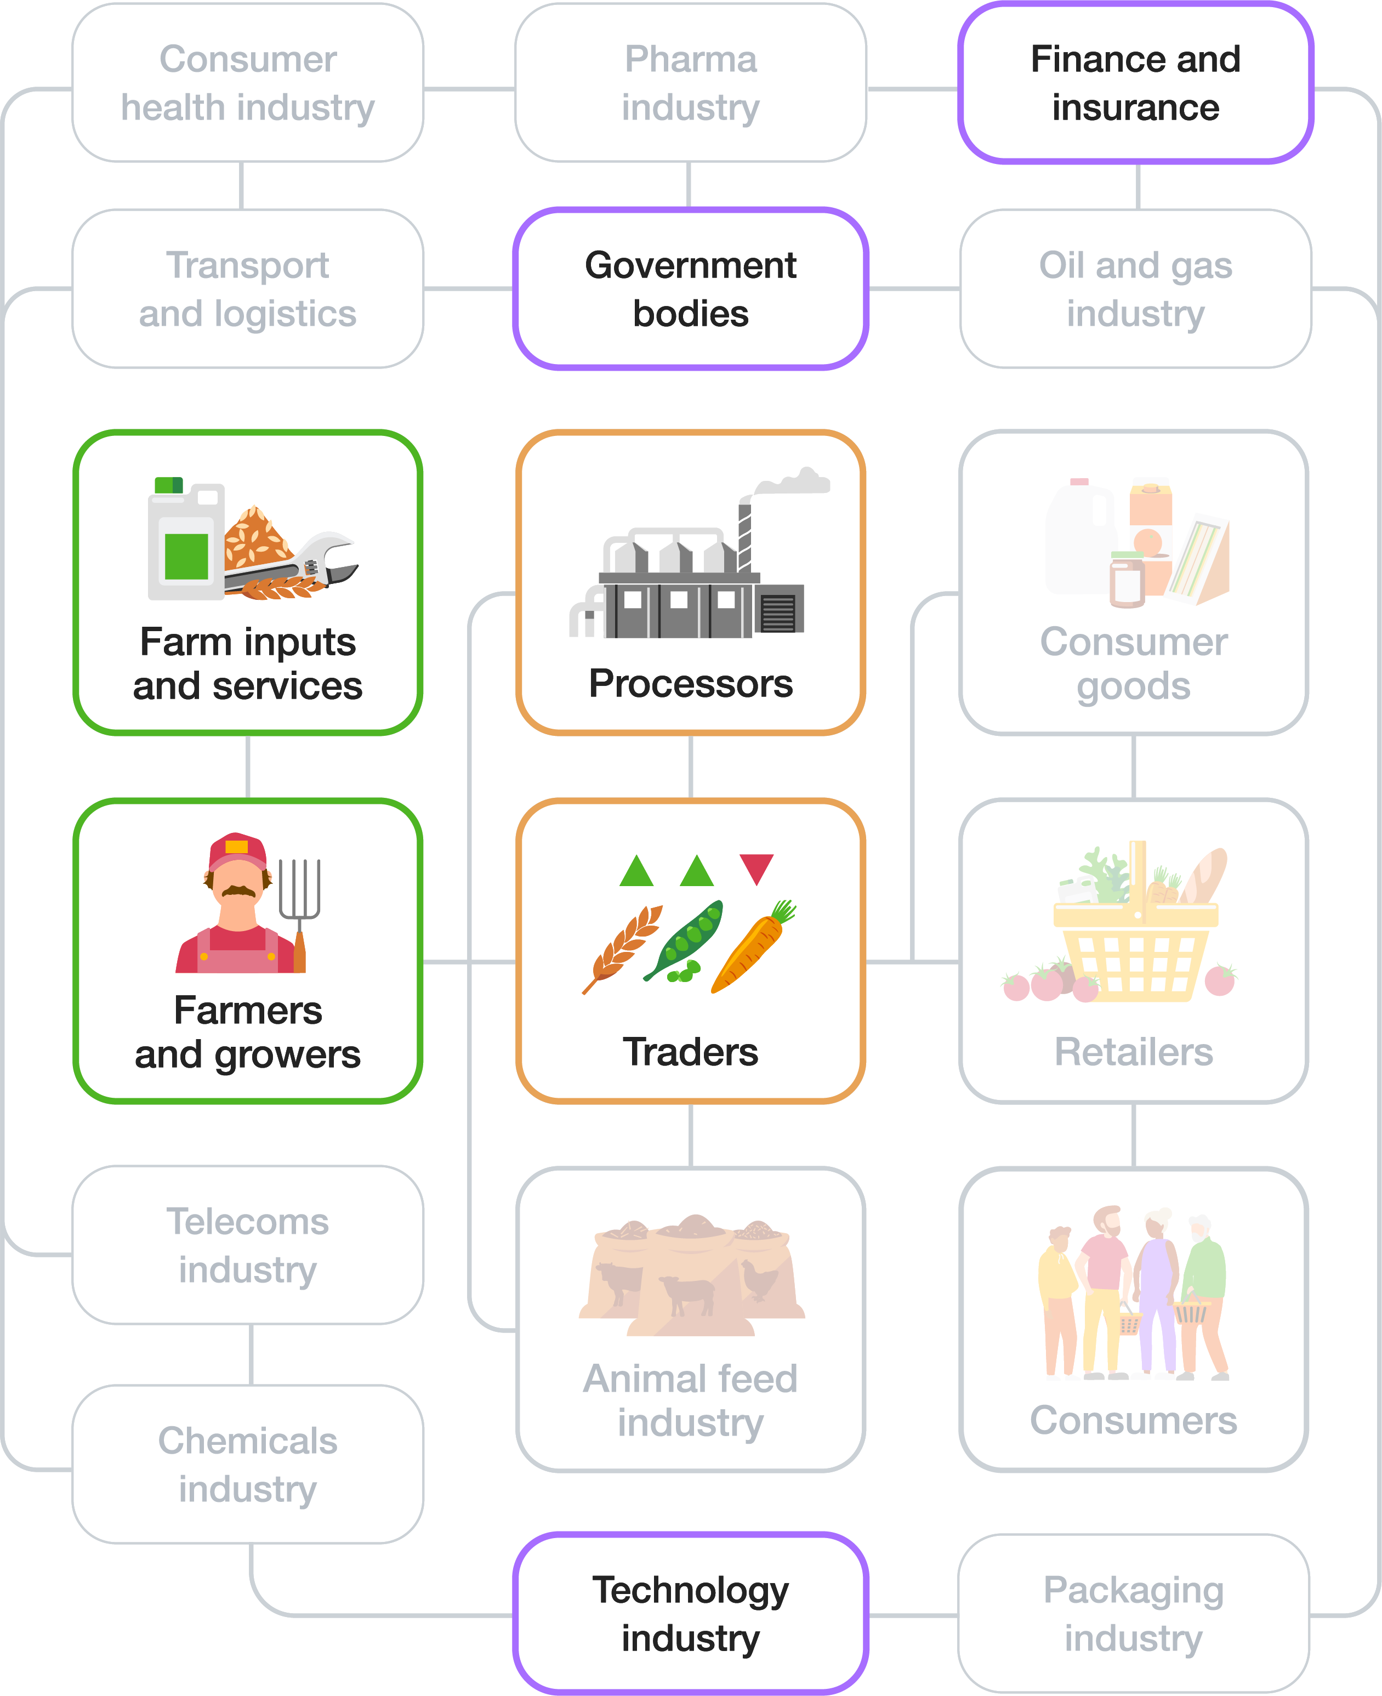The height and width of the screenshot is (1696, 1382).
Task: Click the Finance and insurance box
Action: (1135, 83)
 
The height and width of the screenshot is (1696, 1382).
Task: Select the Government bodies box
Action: (690, 289)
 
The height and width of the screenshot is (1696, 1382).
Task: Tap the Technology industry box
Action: (690, 1613)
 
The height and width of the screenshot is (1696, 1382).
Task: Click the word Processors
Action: (690, 683)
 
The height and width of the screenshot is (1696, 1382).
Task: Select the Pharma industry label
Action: (690, 83)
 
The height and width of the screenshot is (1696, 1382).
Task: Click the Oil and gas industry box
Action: (1135, 289)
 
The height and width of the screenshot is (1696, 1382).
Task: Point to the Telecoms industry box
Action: (248, 1245)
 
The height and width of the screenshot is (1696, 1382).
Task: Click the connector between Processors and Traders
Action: (690, 766)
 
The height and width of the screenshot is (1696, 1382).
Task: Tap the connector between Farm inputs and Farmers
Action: (248, 766)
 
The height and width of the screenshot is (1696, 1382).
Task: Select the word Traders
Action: (690, 1052)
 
